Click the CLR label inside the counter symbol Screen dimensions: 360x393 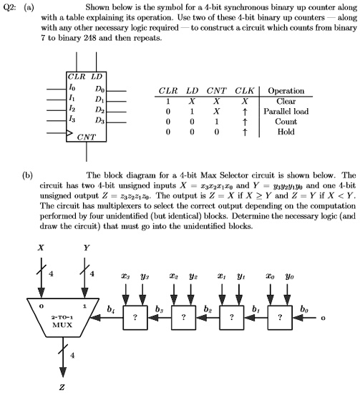tap(77, 77)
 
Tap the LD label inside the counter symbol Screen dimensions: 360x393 tap(97, 77)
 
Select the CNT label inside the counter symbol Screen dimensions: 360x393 tap(86, 137)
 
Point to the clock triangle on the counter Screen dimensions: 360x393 tap(69, 133)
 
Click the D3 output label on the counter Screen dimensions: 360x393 tap(99, 121)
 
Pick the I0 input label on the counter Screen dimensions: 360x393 tap(72, 87)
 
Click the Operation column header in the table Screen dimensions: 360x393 tap(286, 91)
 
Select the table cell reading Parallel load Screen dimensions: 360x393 tap(286, 111)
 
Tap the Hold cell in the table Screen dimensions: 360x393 tap(286, 132)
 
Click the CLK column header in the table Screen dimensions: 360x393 tap(245, 91)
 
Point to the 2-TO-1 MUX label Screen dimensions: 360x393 tap(62, 321)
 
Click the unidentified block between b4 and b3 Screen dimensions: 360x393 tap(135, 318)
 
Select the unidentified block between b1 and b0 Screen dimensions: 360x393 tap(280, 318)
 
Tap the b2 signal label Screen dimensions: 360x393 tap(208, 309)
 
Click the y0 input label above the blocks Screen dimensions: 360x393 tap(289, 276)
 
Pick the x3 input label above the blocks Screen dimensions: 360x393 tap(125, 276)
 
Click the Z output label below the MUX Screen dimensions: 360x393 tap(62, 387)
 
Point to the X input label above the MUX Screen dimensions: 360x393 tap(41, 248)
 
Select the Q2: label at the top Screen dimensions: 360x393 tap(9, 8)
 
